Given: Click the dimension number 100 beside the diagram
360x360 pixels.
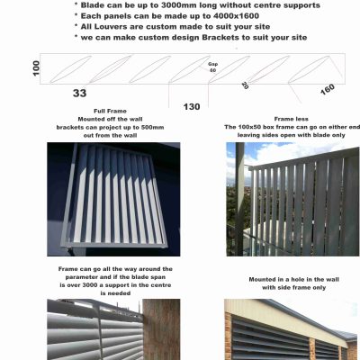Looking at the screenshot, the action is [36, 68].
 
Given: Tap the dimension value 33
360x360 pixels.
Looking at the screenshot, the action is [79, 93].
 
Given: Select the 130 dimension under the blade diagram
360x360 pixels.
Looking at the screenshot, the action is [192, 107].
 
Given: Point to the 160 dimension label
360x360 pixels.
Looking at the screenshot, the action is [328, 89].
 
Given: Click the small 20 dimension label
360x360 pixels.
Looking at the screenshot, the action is [245, 85].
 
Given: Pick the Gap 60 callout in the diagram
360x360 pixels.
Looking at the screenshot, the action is [212, 67].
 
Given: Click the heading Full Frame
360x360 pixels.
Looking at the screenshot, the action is [110, 111].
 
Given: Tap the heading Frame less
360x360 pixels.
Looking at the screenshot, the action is [291, 119].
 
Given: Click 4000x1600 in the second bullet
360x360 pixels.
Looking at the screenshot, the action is [234, 16].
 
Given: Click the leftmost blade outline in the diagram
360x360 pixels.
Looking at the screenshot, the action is [70, 69].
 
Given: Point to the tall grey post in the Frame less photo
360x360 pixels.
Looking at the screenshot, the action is [240, 199].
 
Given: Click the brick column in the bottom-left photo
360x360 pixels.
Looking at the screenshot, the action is [161, 329].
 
